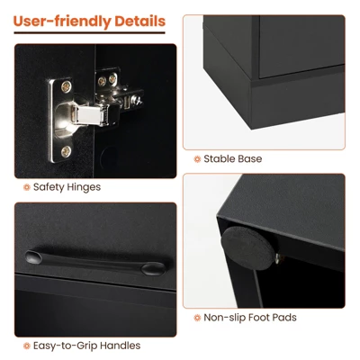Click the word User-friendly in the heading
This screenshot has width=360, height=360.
tap(63, 21)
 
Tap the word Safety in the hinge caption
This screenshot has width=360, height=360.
tap(49, 187)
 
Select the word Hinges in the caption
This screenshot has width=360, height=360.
tap(84, 187)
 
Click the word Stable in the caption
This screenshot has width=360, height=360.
tap(220, 159)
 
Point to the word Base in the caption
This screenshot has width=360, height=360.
tap(250, 159)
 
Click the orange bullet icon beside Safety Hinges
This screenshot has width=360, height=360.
tap(26, 187)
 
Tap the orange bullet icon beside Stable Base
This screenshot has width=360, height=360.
tap(197, 159)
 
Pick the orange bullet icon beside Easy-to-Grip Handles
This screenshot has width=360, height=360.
tap(26, 346)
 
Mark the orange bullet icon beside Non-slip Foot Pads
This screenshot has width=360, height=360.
tap(197, 318)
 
